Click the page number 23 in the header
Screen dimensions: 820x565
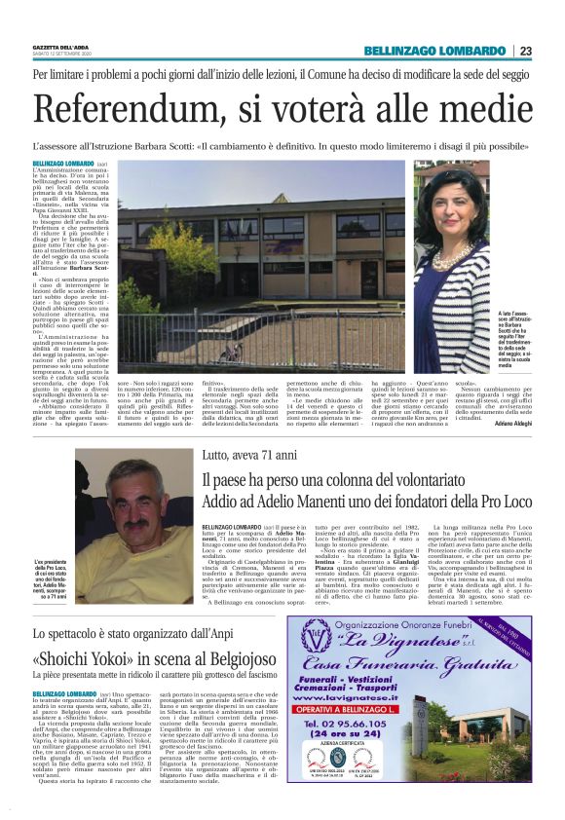(525, 51)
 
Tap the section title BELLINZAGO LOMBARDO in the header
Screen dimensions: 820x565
(434, 51)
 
